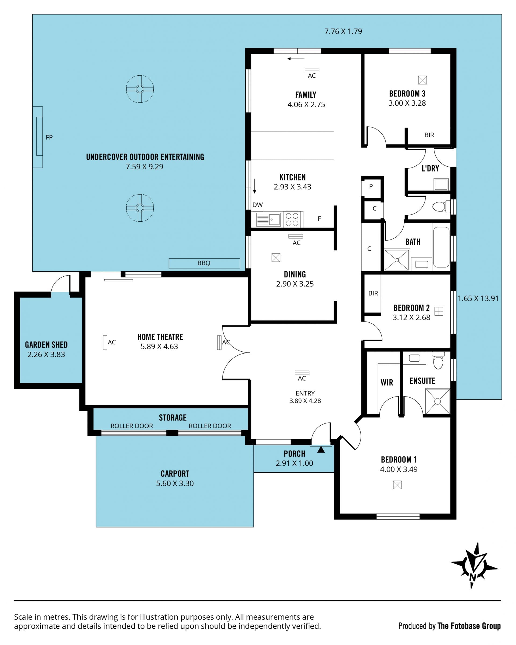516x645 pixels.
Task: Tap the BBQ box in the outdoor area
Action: point(204,263)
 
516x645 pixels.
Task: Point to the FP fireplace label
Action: point(49,137)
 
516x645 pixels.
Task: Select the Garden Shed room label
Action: point(46,345)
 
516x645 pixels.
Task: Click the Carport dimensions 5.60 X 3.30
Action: point(175,483)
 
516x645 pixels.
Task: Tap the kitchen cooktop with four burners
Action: point(292,219)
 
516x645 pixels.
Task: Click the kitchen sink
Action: point(268,219)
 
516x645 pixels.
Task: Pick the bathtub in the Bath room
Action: point(441,247)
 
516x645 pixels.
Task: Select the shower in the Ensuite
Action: point(438,401)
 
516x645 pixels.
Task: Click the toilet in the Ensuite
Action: point(438,360)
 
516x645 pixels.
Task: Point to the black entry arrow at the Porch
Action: point(321,449)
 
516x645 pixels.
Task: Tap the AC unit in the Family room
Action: point(312,70)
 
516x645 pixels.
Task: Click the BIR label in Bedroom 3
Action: point(429,135)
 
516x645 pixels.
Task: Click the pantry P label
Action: point(371,186)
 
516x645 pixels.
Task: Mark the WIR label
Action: point(387,382)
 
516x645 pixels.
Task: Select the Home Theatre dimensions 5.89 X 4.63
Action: point(159,347)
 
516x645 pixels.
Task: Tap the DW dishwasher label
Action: point(258,205)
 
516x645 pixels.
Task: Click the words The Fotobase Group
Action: point(469,626)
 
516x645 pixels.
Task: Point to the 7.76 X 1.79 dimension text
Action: point(343,31)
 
